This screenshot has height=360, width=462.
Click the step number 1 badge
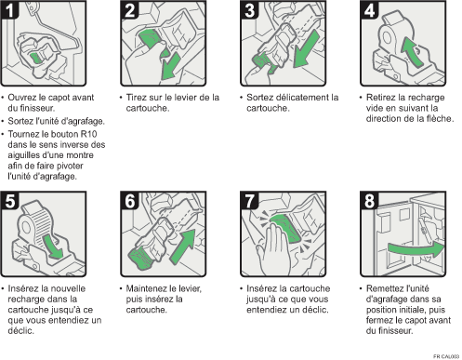click(x=9, y=10)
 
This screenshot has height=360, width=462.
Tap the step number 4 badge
click(x=369, y=10)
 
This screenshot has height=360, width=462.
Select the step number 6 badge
click(x=130, y=201)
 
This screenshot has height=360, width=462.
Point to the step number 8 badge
click(x=369, y=201)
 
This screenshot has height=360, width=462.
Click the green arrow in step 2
click(x=170, y=66)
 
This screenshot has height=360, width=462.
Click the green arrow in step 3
click(x=306, y=48)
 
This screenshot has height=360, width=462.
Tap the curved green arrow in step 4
click(x=411, y=51)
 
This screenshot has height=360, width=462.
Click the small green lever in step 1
click(x=36, y=58)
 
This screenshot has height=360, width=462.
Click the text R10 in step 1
click(x=89, y=134)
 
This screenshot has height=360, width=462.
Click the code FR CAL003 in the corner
click(x=446, y=356)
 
